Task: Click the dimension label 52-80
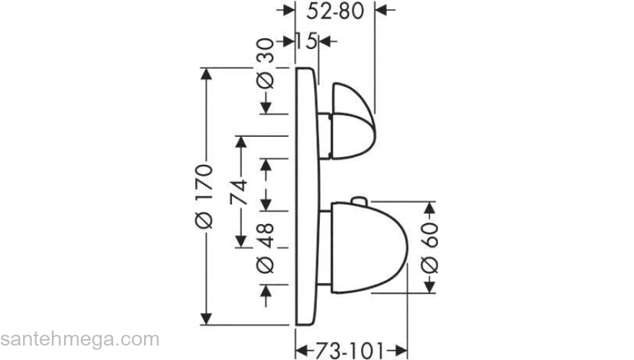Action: click(335, 11)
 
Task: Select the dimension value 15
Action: click(306, 41)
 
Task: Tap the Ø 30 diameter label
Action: click(265, 63)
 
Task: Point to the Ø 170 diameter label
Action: click(204, 197)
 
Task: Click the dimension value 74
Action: click(239, 192)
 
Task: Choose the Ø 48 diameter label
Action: click(265, 248)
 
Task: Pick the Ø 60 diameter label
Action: click(429, 247)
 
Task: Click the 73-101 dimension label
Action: click(349, 350)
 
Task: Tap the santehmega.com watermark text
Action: click(80, 339)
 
